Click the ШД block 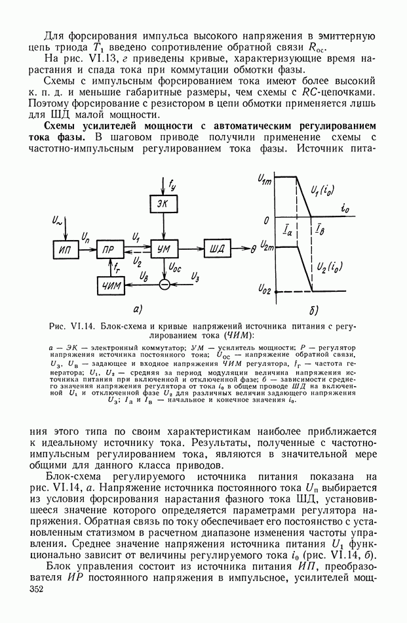pyautogui.click(x=216, y=249)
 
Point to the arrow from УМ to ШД pyautogui.click(x=189, y=249)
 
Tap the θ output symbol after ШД pyautogui.click(x=254, y=249)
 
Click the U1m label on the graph pyautogui.click(x=266, y=178)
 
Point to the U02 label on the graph pyautogui.click(x=266, y=289)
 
